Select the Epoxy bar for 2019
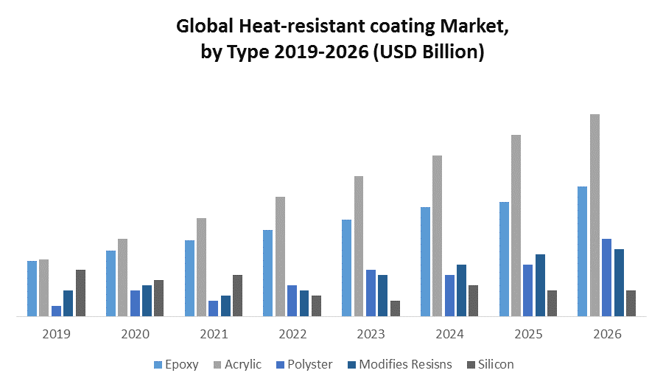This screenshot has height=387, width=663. (x=32, y=288)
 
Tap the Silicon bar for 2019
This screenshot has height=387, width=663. (x=80, y=293)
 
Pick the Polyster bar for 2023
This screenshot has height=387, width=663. (x=371, y=293)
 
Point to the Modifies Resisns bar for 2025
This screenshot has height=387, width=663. (x=540, y=285)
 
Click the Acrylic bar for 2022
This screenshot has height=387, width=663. (x=280, y=257)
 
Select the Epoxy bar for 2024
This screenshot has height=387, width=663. (x=425, y=262)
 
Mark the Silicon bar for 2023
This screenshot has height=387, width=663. (x=395, y=308)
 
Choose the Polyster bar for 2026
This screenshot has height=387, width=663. (x=606, y=277)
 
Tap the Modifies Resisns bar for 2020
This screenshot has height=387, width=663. (x=147, y=301)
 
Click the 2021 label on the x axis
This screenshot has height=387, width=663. (x=214, y=334)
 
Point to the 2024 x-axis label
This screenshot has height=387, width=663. (x=449, y=334)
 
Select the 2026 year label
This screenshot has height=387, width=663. (x=606, y=334)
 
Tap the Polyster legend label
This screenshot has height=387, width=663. (x=310, y=364)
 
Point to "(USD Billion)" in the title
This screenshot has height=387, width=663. (x=427, y=53)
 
